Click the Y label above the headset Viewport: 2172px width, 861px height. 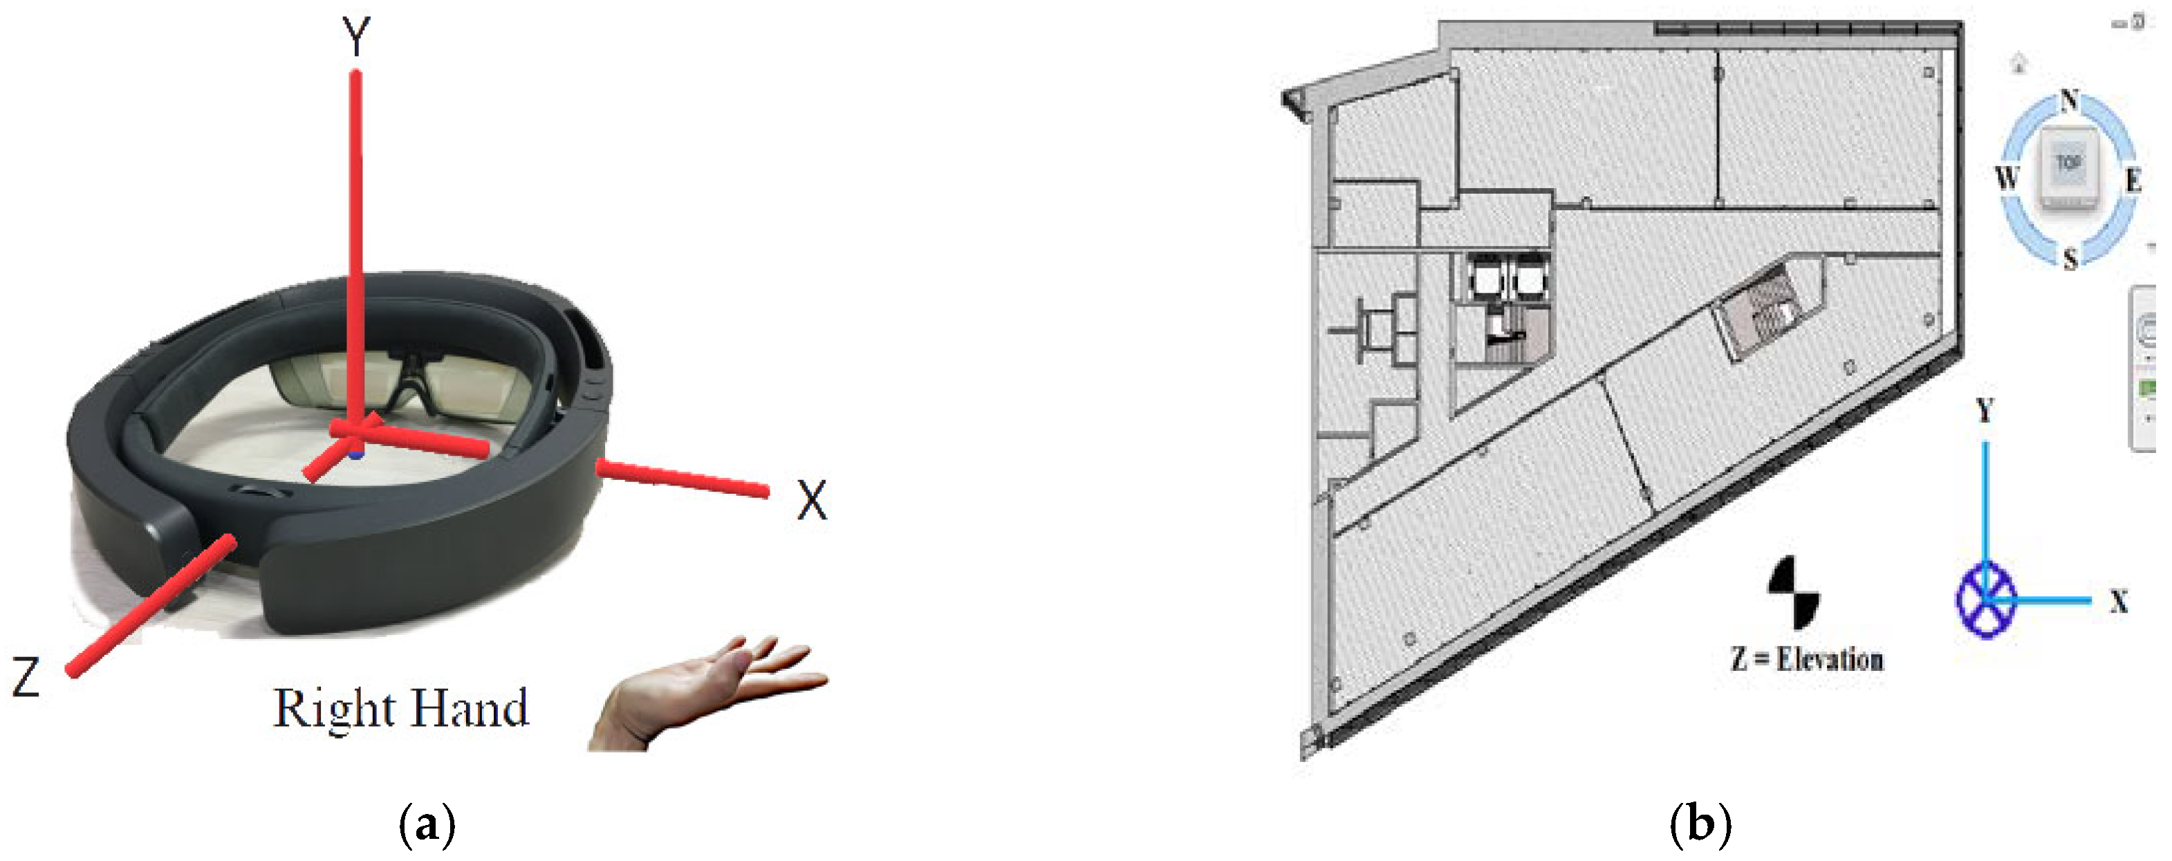(x=357, y=37)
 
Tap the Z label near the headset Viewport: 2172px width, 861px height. (x=26, y=676)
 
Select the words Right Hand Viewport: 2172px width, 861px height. (x=401, y=708)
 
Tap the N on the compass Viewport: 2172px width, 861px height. (x=2069, y=100)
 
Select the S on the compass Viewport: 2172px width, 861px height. (x=2070, y=259)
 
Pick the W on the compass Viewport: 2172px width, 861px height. (x=2007, y=178)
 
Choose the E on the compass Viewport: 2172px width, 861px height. (x=2133, y=180)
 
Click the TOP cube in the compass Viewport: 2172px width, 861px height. (x=2068, y=169)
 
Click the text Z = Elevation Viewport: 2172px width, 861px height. (x=1807, y=658)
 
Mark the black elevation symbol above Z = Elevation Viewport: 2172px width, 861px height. (x=1794, y=592)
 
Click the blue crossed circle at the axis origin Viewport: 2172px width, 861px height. (x=1986, y=600)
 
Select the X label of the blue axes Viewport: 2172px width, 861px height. (x=2119, y=601)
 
